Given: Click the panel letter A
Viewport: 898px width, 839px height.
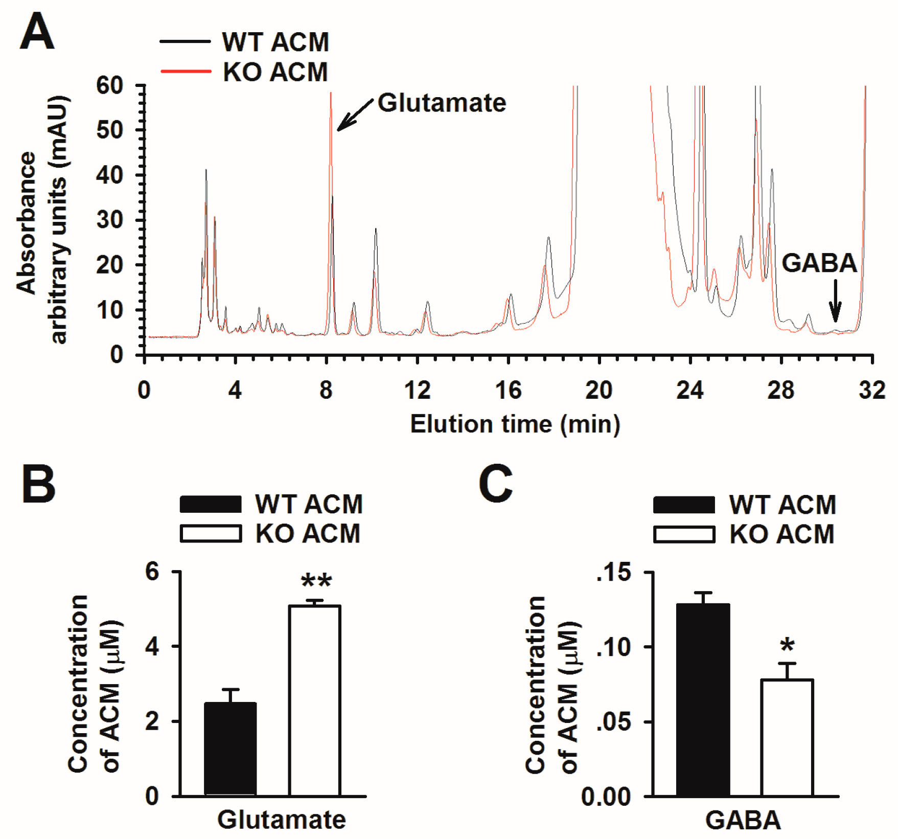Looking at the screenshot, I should pos(37,32).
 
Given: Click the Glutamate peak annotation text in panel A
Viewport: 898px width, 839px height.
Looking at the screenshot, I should pos(442,103).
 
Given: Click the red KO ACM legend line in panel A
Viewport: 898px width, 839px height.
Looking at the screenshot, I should pos(186,72).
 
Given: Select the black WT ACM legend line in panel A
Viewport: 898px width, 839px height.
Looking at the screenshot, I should pos(185,41).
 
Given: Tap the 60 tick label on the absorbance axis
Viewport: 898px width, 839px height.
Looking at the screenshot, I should pos(110,85).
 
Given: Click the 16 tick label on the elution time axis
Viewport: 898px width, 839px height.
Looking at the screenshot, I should pos(508,391).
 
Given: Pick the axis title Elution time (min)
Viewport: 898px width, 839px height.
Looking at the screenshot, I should pos(515,424).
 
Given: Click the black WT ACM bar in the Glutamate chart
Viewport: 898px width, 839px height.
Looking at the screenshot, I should pos(230,749).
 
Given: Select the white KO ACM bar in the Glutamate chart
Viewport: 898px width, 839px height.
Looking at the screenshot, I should pos(314,700).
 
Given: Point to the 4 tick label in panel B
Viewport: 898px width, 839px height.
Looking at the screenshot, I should pos(152,647).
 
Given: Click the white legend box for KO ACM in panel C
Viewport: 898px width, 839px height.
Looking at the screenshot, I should pos(684,534).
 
